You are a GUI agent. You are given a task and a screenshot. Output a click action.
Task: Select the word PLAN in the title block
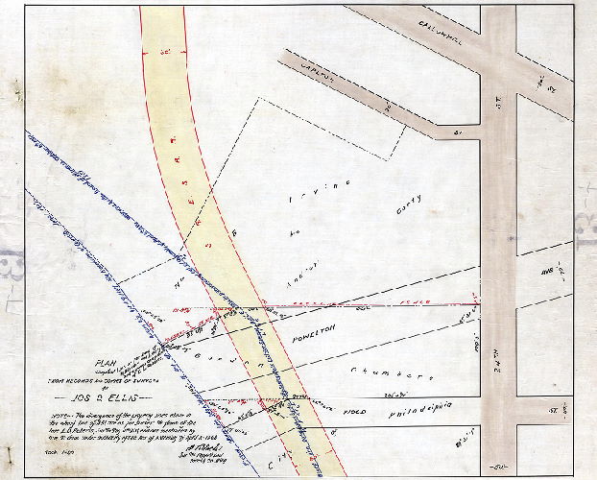pyautogui.click(x=104, y=362)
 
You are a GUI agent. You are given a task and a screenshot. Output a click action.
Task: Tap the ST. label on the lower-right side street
pyautogui.click(x=554, y=410)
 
